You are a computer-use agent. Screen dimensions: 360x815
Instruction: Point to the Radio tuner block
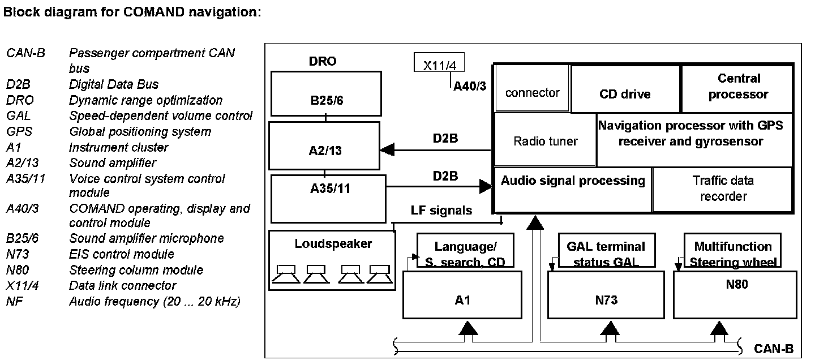[546, 140]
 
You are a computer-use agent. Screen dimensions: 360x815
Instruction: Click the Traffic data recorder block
[723, 189]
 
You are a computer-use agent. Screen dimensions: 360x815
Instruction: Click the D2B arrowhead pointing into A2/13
[388, 150]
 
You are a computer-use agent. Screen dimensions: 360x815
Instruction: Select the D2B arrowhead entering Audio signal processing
[486, 186]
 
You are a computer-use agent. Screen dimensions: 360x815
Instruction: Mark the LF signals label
[441, 211]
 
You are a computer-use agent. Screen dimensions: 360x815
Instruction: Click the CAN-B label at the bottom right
[774, 349]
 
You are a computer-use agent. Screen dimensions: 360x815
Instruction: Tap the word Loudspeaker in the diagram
[333, 244]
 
